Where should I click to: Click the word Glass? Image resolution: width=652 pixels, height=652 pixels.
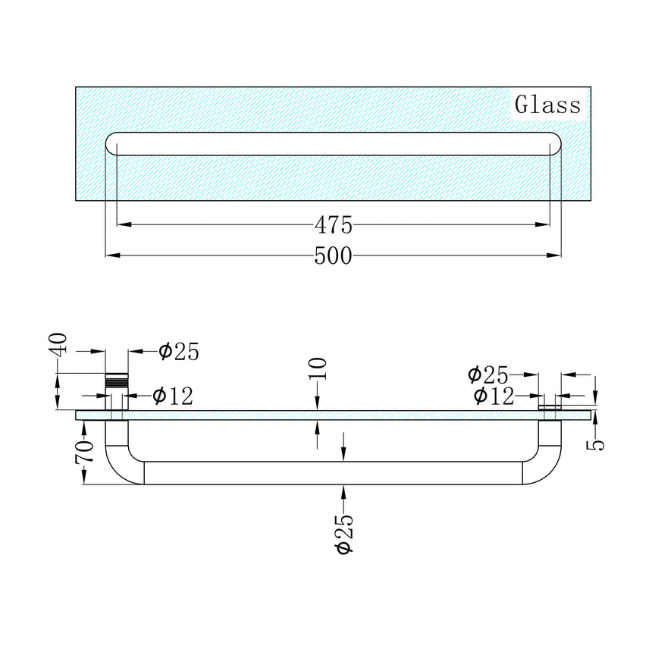point(547,105)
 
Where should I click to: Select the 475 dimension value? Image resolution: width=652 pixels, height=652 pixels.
point(333,225)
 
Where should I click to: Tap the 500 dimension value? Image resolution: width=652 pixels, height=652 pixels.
point(333,255)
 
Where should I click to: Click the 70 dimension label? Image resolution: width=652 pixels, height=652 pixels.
point(84,452)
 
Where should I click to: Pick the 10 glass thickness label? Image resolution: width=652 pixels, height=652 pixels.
point(318,368)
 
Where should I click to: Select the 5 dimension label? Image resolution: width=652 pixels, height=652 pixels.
point(595,445)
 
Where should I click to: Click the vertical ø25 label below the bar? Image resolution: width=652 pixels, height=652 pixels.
point(345,534)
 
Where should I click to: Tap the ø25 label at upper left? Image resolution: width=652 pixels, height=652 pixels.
point(179,352)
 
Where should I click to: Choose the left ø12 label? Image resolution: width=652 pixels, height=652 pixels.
point(174,396)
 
